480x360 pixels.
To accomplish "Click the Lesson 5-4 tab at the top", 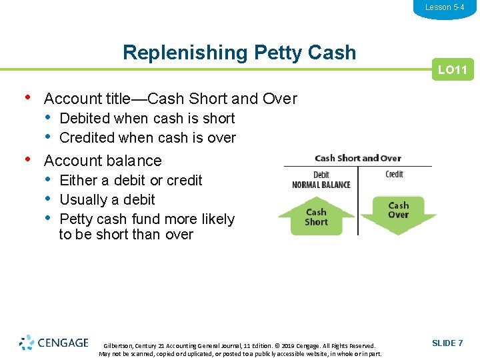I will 445,7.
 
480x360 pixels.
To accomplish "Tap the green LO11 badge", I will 452,69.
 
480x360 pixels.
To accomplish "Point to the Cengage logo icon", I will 27,343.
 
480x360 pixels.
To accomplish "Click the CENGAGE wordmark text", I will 63,343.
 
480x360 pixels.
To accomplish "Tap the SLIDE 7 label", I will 447,343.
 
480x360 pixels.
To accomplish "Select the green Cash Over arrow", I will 398,212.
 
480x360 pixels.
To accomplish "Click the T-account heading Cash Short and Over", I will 357,158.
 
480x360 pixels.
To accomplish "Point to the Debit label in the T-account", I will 321,175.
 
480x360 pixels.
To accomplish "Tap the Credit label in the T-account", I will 394,174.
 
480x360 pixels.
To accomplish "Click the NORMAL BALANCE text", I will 321,185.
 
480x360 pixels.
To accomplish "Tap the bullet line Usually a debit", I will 107,199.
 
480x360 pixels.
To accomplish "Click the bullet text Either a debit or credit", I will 131,180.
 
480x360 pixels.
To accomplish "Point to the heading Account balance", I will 103,161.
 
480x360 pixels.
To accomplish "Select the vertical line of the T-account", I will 358,200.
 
